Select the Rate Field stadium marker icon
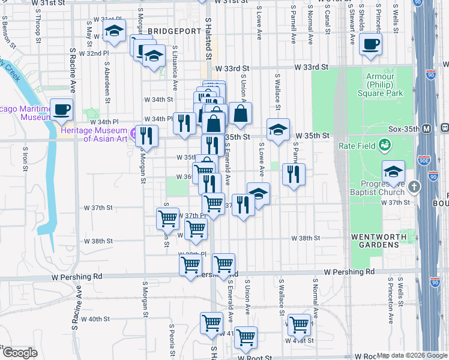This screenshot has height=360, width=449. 384,145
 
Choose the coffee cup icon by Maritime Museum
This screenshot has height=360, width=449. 61,110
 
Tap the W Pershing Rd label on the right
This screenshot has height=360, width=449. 349,272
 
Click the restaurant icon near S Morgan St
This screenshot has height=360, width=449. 146,136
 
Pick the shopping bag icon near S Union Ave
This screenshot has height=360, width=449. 240,113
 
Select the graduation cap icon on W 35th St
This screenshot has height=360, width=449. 278,130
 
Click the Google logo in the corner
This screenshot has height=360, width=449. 20,353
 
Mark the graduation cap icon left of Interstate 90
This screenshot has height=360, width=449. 393,171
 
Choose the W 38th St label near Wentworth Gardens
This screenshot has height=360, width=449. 306,238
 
